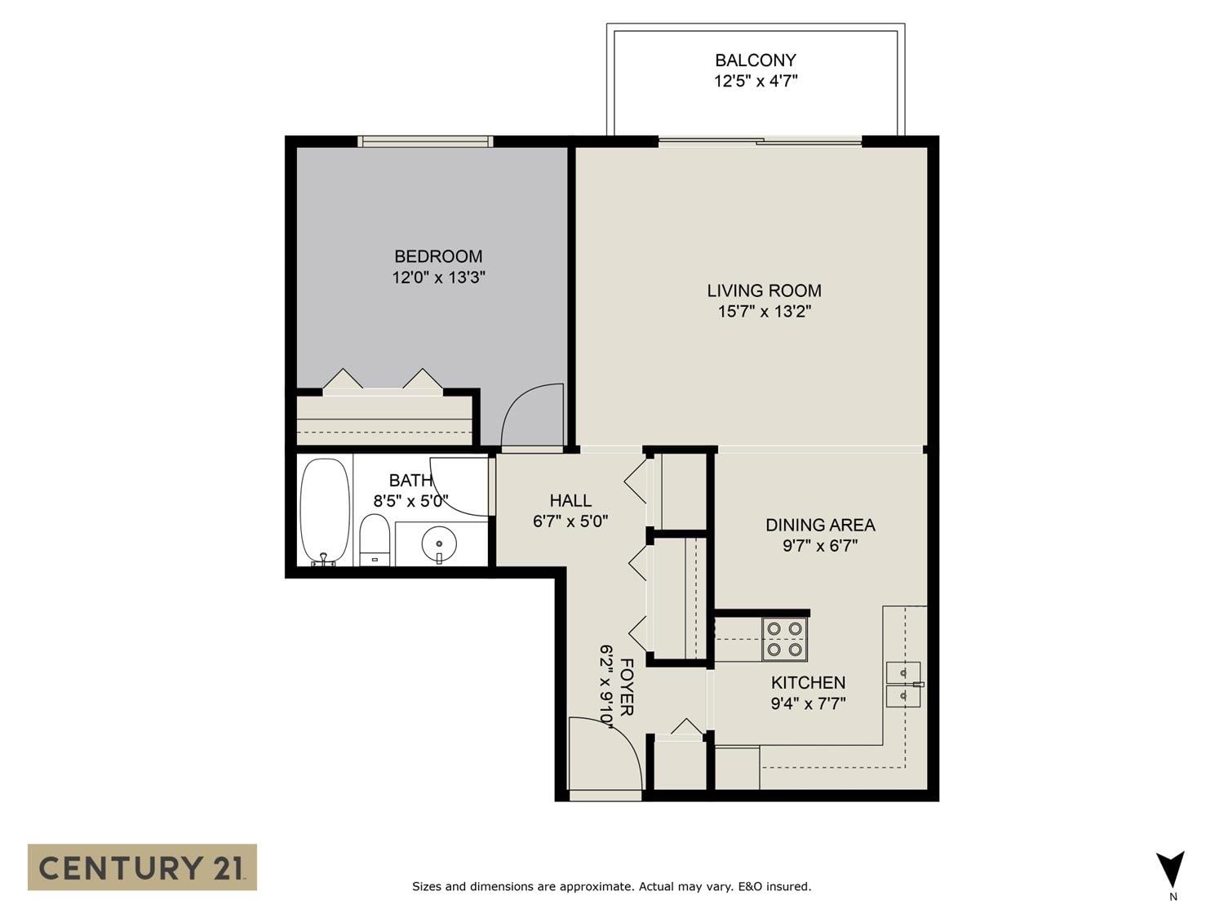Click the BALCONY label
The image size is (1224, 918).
(x=756, y=60)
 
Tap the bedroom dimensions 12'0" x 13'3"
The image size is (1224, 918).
(x=438, y=277)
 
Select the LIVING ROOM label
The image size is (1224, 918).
(x=764, y=290)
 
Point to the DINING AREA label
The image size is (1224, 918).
(x=820, y=525)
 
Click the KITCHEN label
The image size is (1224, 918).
(x=808, y=683)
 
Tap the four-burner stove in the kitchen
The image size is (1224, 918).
(x=785, y=639)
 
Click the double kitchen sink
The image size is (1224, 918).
(x=904, y=685)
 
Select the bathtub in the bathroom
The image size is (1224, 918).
(x=325, y=512)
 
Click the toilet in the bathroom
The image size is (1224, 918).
(x=375, y=540)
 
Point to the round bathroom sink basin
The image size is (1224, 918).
(x=439, y=543)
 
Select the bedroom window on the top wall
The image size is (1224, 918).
(x=425, y=141)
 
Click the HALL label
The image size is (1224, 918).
(x=570, y=500)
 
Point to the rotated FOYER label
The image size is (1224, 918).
(x=627, y=688)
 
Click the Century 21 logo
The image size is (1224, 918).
(x=142, y=867)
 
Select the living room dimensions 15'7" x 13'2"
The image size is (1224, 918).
(x=764, y=312)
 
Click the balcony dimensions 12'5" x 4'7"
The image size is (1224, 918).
(x=756, y=82)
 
